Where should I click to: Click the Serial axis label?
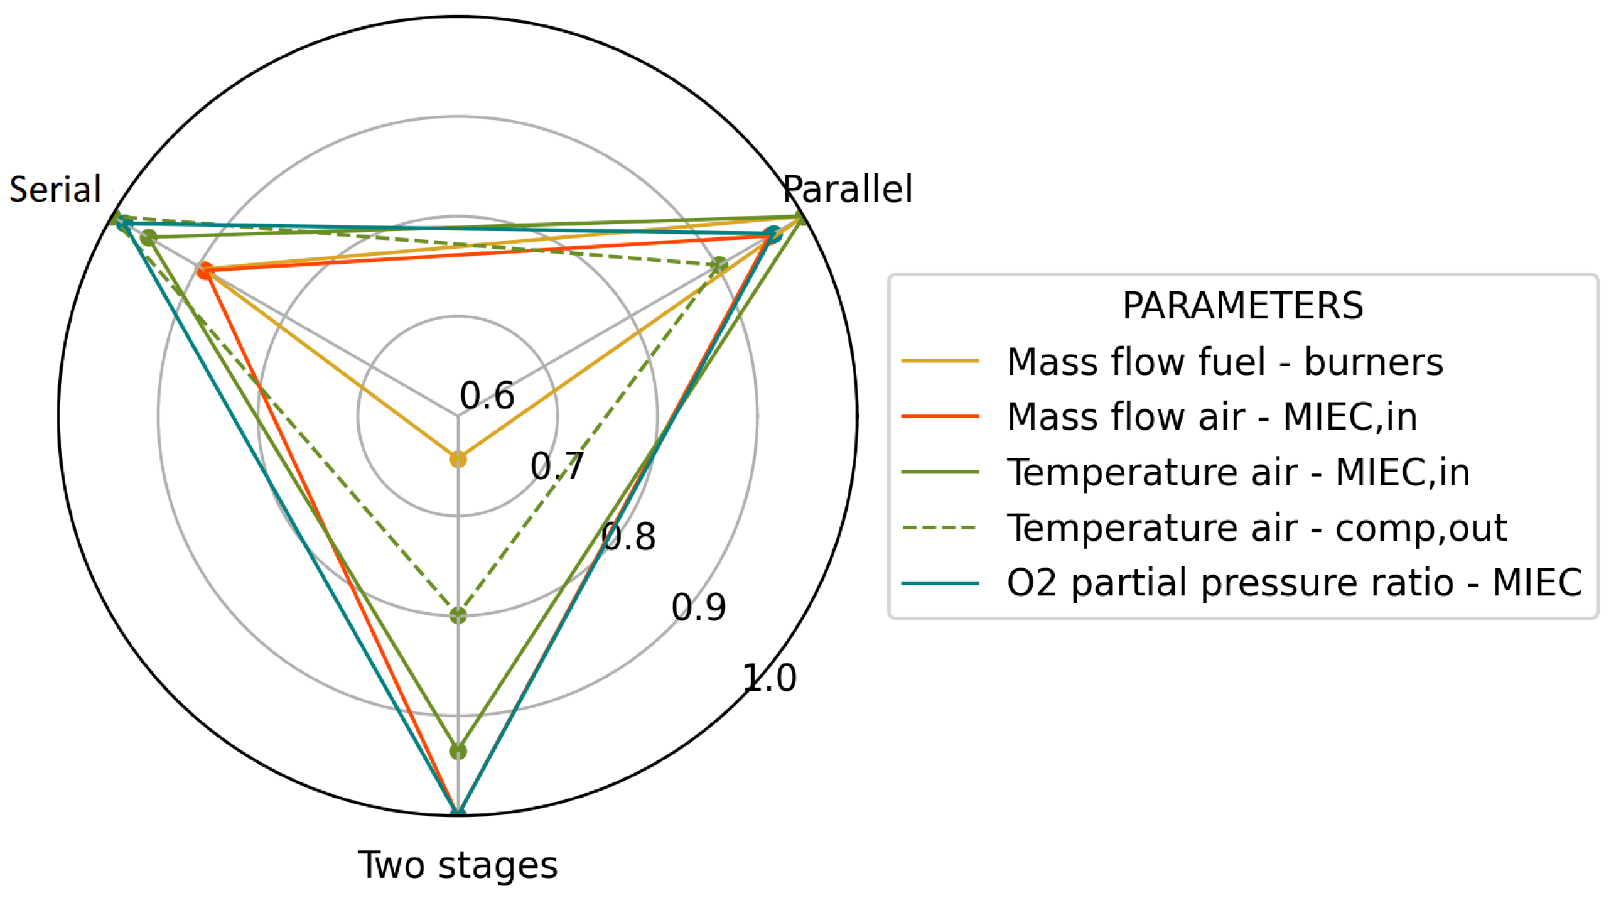pos(55,189)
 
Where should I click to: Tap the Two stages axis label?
pos(458,865)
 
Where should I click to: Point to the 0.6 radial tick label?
pos(487,396)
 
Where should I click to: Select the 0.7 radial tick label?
pos(557,466)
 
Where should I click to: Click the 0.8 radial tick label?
pos(628,537)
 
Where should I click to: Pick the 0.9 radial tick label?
pos(699,607)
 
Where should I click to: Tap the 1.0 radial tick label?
pos(770,678)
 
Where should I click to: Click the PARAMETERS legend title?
pos(1242,306)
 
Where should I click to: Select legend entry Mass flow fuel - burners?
pos(1225,362)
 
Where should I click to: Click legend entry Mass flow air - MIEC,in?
pos(1212,416)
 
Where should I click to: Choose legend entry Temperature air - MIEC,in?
pos(1238,472)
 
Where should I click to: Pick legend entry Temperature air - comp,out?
pos(1257,527)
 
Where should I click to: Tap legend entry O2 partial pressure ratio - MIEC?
pos(1294,583)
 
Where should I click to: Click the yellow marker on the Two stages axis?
pos(458,459)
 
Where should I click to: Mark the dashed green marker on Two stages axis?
pos(458,615)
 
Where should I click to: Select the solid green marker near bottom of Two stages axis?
pos(458,750)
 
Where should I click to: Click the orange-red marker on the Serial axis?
pos(205,271)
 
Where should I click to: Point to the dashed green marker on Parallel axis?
pos(719,265)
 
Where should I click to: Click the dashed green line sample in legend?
pos(940,527)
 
